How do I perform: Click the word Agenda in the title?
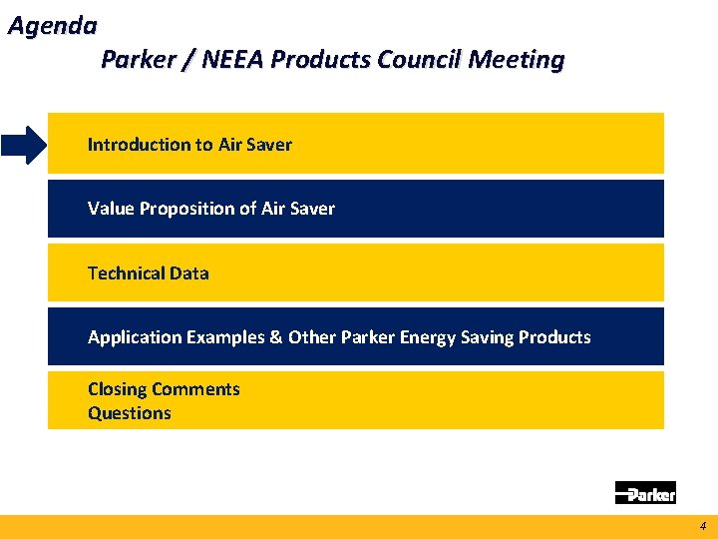click(x=52, y=25)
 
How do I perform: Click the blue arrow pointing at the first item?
click(x=23, y=145)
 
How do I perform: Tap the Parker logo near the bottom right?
click(x=645, y=492)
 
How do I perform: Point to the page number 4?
click(x=702, y=526)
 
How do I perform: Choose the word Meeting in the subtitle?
click(x=516, y=60)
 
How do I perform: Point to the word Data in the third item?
click(x=189, y=273)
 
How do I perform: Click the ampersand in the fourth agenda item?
click(x=275, y=337)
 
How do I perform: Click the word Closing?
click(x=117, y=389)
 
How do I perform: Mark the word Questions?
click(x=130, y=413)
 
